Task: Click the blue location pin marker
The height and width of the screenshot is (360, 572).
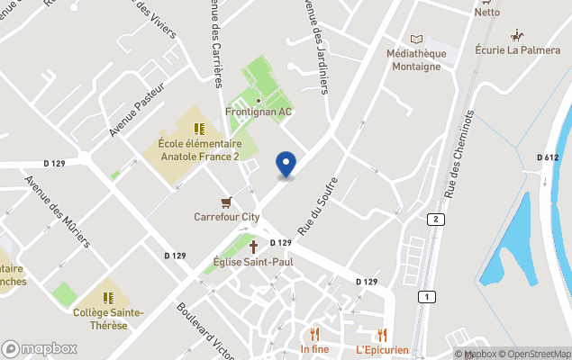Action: [286, 164]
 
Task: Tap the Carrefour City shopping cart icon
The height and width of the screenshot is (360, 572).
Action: [227, 202]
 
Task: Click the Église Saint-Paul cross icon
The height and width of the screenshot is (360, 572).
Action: [253, 246]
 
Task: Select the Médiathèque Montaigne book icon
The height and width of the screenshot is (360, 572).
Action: [415, 39]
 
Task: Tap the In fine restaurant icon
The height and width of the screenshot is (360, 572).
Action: [314, 333]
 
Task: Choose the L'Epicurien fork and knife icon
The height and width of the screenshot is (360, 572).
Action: [383, 333]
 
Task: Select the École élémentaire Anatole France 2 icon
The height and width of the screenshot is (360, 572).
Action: [199, 129]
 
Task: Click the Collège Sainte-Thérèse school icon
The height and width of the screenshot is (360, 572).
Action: [109, 297]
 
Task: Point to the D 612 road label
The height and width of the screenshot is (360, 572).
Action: [548, 157]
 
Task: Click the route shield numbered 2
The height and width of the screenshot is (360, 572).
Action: [435, 220]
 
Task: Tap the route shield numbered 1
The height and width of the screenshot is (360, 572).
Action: [422, 296]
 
